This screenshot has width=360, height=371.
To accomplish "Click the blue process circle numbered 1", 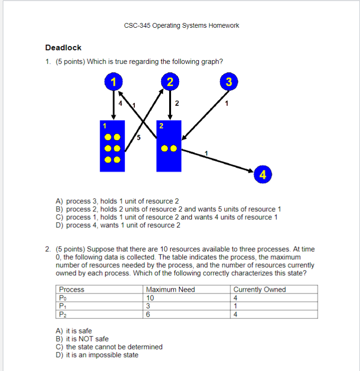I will (113, 82).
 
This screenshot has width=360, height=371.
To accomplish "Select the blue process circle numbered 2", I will (170, 82).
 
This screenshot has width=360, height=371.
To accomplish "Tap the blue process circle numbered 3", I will (228, 82).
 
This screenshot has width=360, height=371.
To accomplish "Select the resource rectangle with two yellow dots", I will (169, 146).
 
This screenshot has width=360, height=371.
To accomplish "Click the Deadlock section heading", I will (63, 47).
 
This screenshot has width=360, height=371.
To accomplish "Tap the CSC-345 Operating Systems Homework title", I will (181, 25).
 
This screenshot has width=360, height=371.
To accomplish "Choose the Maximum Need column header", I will (170, 290).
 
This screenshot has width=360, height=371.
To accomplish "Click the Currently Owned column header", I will (259, 290).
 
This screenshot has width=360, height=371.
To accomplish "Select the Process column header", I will (71, 290).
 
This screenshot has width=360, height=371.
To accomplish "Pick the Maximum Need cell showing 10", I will (150, 298).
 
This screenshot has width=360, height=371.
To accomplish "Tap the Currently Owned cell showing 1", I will (235, 306).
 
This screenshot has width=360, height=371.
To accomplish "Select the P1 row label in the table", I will (62, 306).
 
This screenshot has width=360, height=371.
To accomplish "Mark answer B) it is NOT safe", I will (82, 339).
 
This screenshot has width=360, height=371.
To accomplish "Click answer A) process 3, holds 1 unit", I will (117, 201).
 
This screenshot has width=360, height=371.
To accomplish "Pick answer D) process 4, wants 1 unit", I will (118, 225).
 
